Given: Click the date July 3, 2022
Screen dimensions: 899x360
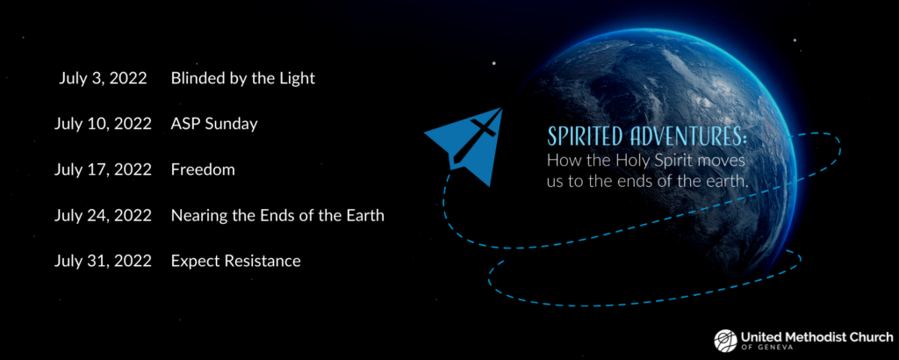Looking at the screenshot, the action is point(103,78).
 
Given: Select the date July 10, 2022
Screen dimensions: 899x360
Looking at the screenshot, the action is point(103,125).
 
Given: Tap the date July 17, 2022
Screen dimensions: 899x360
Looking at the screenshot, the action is point(103,170).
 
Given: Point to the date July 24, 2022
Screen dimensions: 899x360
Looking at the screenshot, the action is point(103,216).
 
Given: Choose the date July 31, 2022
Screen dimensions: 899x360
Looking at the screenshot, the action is point(103,262).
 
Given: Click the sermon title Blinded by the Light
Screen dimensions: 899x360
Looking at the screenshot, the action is point(243,78).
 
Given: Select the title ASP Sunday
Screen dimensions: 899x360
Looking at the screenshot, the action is point(214,125).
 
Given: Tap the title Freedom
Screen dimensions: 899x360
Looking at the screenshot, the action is point(203,170).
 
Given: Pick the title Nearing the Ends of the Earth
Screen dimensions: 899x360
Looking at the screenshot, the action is point(277,216).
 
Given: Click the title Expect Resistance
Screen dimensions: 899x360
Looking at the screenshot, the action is point(235,262).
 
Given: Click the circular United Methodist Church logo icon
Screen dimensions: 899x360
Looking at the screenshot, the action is point(725,341).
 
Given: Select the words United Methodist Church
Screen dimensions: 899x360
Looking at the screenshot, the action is point(816,337).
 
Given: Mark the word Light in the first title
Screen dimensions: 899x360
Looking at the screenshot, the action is point(297,78).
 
